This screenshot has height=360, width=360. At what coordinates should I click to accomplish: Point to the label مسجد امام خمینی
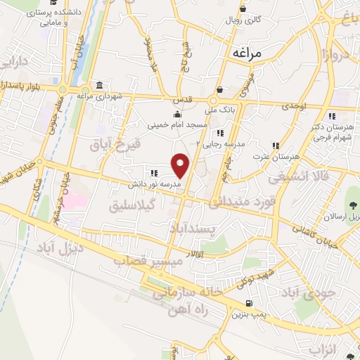(177, 125)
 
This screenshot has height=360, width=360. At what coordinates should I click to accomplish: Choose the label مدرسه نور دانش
(154, 184)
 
